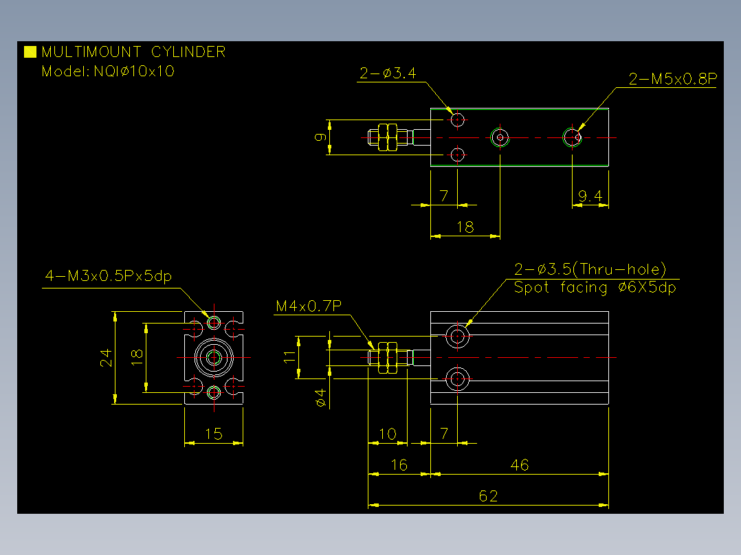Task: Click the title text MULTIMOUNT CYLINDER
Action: pyautogui.click(x=133, y=52)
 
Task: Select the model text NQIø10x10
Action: pyautogui.click(x=134, y=71)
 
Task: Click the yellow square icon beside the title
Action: pyautogui.click(x=30, y=52)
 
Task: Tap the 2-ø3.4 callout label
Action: pyautogui.click(x=388, y=73)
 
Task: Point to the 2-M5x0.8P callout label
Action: pyautogui.click(x=672, y=79)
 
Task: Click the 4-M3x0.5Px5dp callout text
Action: pyautogui.click(x=108, y=276)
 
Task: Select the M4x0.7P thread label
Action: pyautogui.click(x=309, y=306)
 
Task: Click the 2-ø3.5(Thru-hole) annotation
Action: pyautogui.click(x=590, y=269)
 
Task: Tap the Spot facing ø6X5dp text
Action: pyautogui.click(x=595, y=288)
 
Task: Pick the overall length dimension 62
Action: pyautogui.click(x=488, y=496)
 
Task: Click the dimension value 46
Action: pyautogui.click(x=520, y=465)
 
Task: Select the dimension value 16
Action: pyautogui.click(x=399, y=465)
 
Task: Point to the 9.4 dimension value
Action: pyautogui.click(x=590, y=196)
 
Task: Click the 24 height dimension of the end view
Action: pyautogui.click(x=106, y=358)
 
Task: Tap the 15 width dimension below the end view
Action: pyautogui.click(x=214, y=434)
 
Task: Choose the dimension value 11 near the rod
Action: pyautogui.click(x=289, y=357)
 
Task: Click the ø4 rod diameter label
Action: pyautogui.click(x=321, y=398)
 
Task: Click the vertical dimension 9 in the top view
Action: pyautogui.click(x=320, y=137)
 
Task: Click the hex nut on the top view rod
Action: pyautogui.click(x=388, y=137)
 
